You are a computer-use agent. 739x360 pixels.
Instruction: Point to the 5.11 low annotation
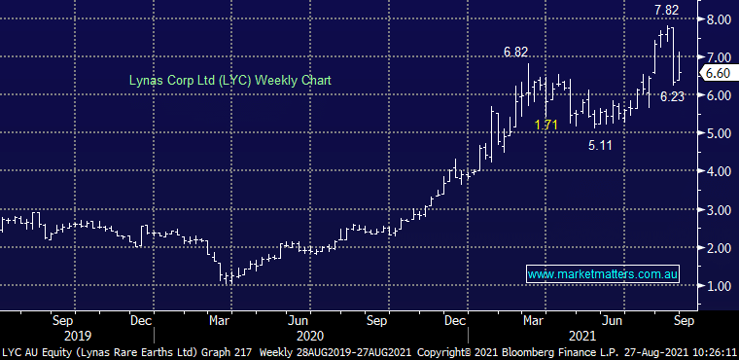(600, 146)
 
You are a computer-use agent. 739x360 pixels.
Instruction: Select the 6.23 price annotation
(672, 97)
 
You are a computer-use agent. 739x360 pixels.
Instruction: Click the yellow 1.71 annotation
(547, 126)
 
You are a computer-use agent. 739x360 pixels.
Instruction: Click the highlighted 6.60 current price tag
(718, 73)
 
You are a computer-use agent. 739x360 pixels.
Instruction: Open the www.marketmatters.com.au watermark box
(602, 275)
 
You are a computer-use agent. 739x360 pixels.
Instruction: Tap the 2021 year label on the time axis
(579, 333)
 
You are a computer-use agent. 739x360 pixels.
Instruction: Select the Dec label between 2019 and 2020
(141, 318)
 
